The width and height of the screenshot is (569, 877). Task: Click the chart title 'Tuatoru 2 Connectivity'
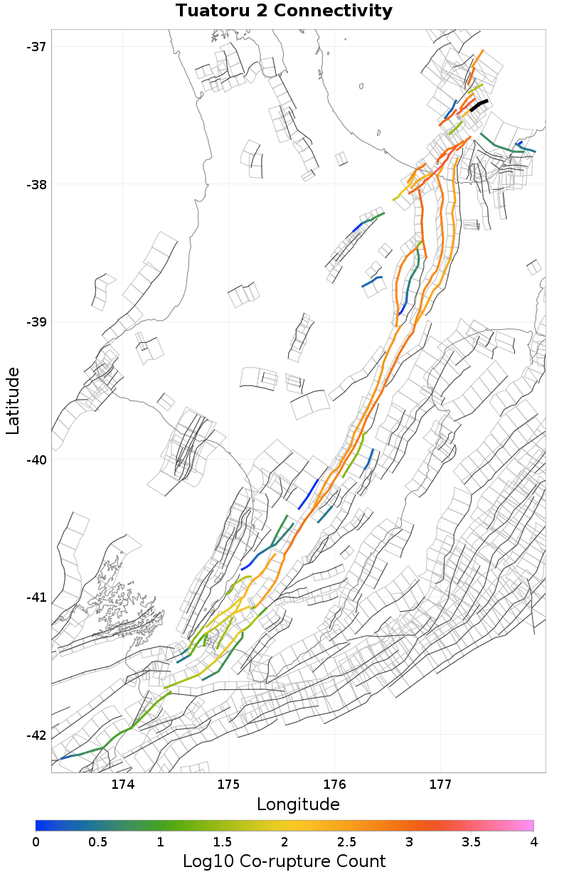pyautogui.click(x=284, y=11)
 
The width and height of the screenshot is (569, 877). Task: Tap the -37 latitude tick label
pyautogui.click(x=35, y=47)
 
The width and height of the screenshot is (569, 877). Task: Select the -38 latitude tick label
pyautogui.click(x=35, y=184)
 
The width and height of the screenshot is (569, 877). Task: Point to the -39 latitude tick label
pyautogui.click(x=35, y=322)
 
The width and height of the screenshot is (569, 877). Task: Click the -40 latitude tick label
pyautogui.click(x=35, y=459)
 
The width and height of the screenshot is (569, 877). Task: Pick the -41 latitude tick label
pyautogui.click(x=35, y=597)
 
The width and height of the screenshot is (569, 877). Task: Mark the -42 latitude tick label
pyautogui.click(x=35, y=735)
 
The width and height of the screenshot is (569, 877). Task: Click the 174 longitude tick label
pyautogui.click(x=123, y=785)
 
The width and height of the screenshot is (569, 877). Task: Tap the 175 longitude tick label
pyautogui.click(x=229, y=785)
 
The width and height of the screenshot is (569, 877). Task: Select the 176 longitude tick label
pyautogui.click(x=334, y=785)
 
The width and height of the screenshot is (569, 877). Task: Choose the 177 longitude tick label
pyautogui.click(x=440, y=785)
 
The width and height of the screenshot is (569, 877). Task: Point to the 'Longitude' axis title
pyautogui.click(x=298, y=804)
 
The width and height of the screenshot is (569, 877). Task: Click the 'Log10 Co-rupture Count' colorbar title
pyautogui.click(x=284, y=861)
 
